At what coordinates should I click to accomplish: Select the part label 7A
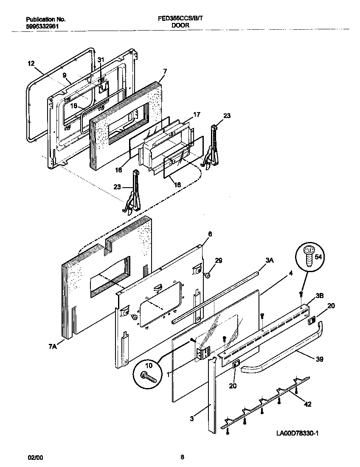[53, 347]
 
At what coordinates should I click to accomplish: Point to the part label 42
[307, 404]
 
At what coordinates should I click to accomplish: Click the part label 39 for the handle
[319, 359]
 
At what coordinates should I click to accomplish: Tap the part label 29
[218, 260]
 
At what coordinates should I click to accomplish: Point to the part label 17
[197, 114]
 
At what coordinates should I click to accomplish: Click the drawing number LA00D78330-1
[297, 433]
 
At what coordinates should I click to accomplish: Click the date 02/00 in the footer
[35, 457]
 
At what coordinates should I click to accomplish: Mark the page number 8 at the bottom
[182, 457]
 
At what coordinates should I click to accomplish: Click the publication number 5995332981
[42, 25]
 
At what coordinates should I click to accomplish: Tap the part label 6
[210, 234]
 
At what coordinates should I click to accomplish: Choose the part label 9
[65, 76]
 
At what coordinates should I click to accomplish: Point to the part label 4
[290, 273]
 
